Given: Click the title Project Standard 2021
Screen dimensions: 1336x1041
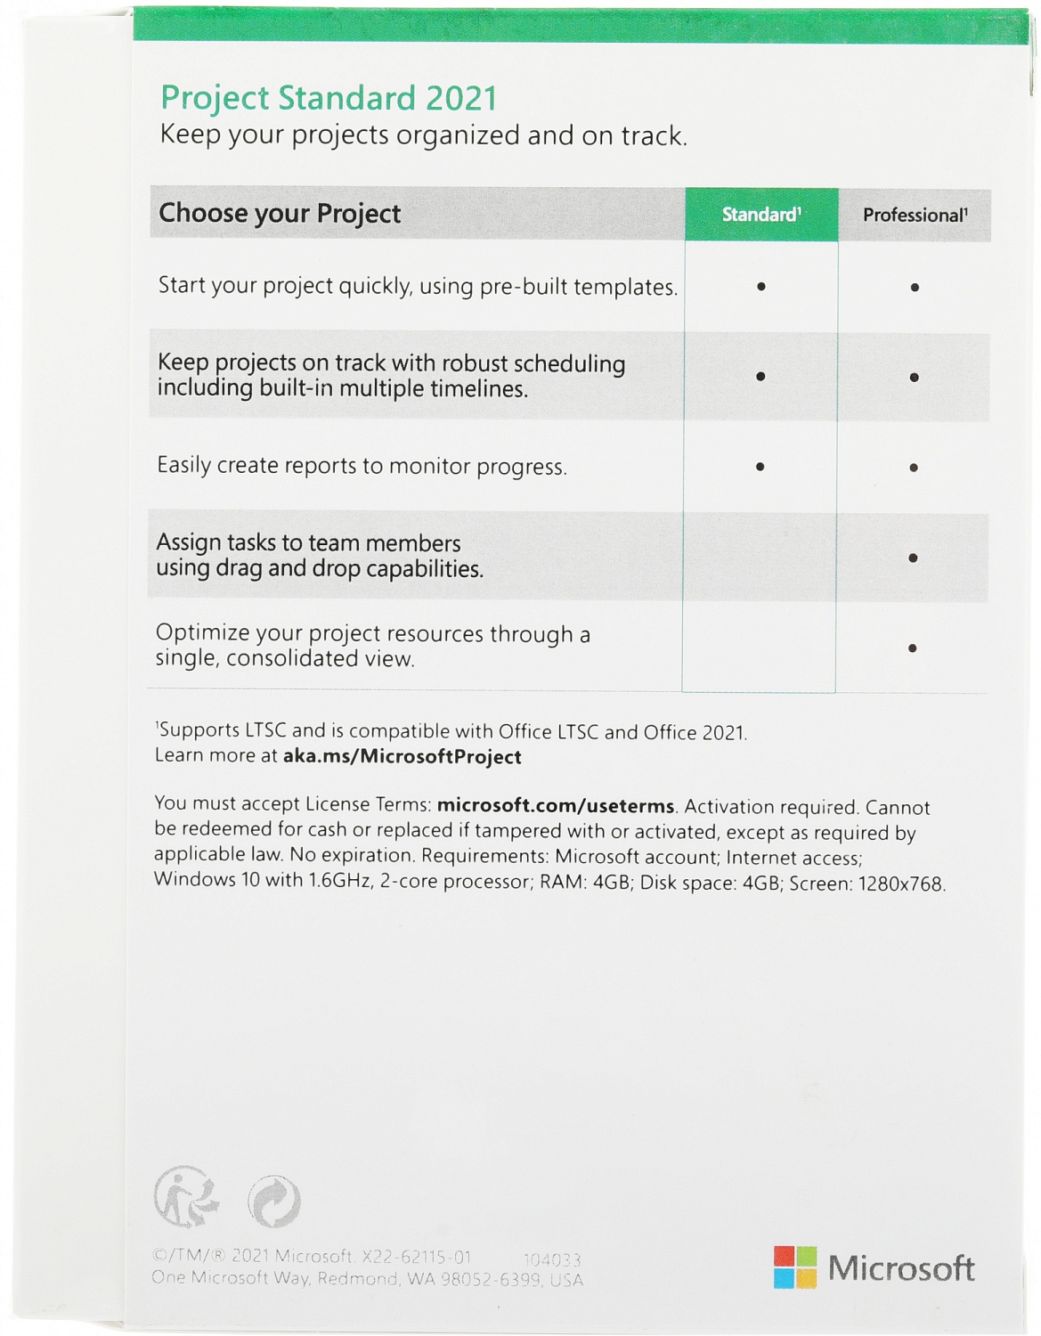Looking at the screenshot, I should [329, 98].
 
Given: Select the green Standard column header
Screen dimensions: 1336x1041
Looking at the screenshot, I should [761, 215].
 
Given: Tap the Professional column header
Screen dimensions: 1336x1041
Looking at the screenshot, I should [915, 216].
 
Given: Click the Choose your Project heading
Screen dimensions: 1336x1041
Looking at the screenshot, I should [280, 214].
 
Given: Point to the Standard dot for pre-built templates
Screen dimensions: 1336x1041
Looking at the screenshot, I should [761, 287].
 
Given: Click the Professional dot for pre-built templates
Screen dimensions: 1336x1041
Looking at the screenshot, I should [915, 288].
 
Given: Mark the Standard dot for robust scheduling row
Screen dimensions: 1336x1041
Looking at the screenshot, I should [760, 377].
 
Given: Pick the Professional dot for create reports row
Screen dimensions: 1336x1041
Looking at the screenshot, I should [914, 468].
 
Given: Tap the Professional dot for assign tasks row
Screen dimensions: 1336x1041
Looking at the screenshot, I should [913, 558].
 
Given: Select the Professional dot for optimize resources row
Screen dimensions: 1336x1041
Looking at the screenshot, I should [913, 648].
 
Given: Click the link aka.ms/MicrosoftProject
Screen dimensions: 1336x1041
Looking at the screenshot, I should [402, 757].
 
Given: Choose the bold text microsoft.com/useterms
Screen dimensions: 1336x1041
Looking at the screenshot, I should [556, 806].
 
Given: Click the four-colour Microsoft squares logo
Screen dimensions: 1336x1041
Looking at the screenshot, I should [794, 1267].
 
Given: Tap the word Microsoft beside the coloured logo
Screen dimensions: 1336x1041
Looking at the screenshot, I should [901, 1268].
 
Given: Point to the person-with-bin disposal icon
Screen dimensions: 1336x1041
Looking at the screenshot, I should [185, 1197].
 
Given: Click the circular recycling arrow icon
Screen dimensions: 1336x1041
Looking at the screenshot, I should [274, 1202].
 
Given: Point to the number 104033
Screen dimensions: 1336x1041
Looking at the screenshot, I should [552, 1259].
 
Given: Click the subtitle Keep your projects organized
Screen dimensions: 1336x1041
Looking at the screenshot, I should [423, 135].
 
